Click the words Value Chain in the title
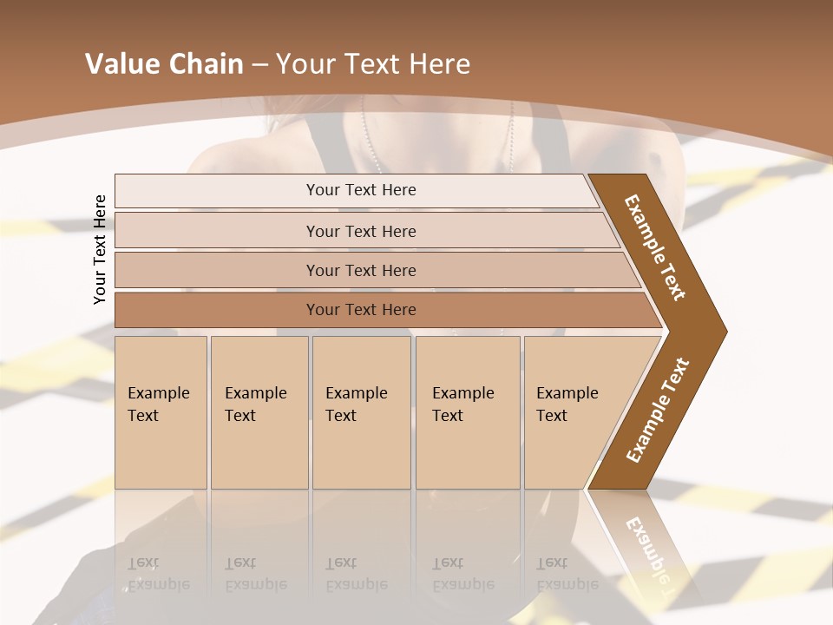point(164,64)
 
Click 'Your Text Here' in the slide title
point(373,64)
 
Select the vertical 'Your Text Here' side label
point(100,249)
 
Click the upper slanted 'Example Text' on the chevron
point(655,247)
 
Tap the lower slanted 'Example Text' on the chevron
point(658,411)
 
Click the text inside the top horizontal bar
point(361,190)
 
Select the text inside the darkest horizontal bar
point(361,310)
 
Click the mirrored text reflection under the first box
point(158,574)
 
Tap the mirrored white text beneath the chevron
point(650,547)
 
